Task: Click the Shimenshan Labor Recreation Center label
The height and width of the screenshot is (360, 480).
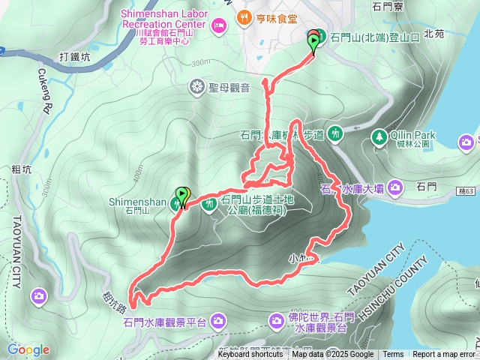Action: (165, 19)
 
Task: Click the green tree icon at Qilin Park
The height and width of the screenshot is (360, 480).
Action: (379, 137)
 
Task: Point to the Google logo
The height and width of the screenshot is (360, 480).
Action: (28, 349)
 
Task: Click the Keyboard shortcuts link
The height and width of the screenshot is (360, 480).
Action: (250, 355)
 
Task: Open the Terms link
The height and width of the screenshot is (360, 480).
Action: (393, 355)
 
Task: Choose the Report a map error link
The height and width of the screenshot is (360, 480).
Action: (444, 355)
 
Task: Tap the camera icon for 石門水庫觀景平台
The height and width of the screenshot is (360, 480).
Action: (218, 322)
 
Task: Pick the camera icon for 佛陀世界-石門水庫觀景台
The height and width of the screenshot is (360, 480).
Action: (277, 322)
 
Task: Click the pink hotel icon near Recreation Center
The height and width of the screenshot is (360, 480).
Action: (219, 26)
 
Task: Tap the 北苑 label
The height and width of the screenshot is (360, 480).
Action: (433, 34)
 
